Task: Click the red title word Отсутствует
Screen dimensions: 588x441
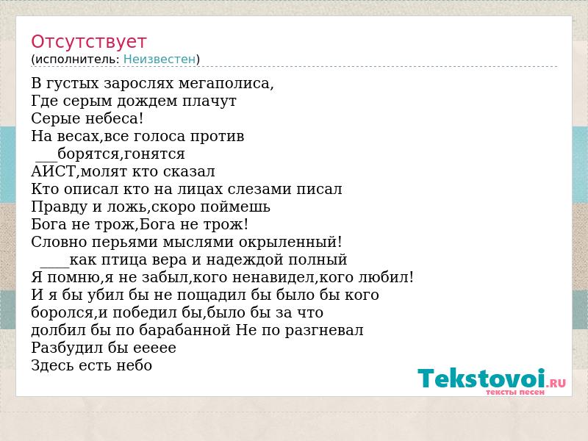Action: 88,42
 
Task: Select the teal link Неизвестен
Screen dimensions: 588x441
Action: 159,60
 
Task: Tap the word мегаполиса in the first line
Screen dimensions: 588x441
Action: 224,84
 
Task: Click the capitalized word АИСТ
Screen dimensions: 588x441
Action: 53,172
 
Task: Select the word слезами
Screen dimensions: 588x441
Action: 259,190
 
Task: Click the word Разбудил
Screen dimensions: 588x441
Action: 67,348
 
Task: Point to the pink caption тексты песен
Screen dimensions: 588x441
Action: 515,392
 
